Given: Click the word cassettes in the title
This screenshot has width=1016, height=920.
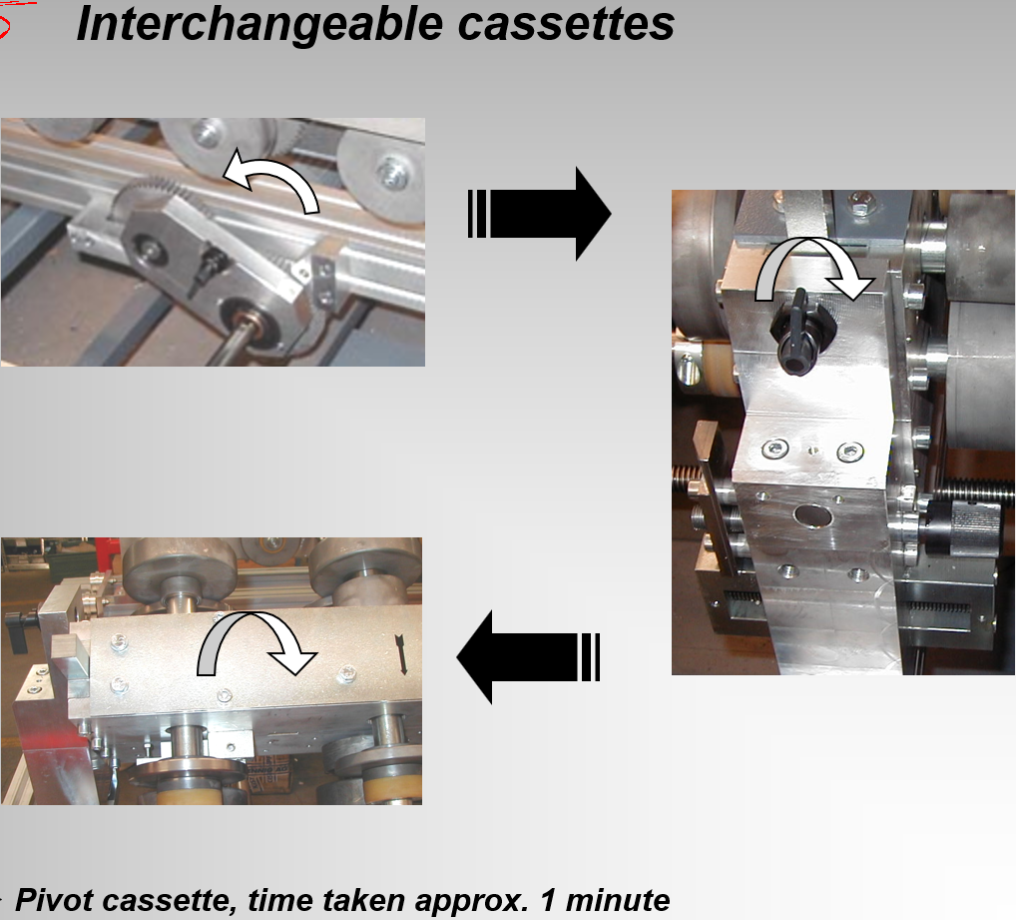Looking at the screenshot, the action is pyautogui.click(x=566, y=25).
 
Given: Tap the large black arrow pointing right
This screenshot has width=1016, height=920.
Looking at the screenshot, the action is pyautogui.click(x=539, y=214).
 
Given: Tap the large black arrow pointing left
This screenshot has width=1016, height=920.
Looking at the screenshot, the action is pyautogui.click(x=528, y=656).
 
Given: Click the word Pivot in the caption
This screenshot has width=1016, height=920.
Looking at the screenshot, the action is pyautogui.click(x=55, y=900).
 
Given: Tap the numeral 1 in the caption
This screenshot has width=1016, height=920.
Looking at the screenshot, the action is pyautogui.click(x=548, y=900).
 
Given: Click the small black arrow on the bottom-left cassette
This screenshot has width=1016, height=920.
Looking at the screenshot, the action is pyautogui.click(x=402, y=655).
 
